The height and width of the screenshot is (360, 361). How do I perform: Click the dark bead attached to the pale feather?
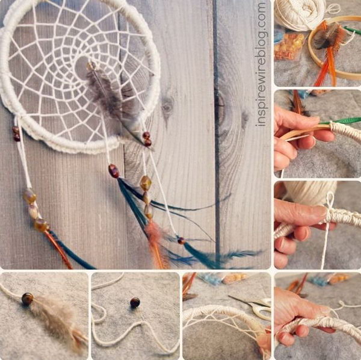[x=27, y=298]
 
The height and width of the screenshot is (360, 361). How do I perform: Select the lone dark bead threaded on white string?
[x=135, y=302]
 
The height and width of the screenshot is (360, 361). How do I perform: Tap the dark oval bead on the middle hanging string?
[x=113, y=171]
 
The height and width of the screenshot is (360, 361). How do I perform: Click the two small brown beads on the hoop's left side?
[x=16, y=134]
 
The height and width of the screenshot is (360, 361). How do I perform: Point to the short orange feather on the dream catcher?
[x=156, y=241]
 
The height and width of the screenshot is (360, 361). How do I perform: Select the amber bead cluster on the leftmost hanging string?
[x=35, y=210]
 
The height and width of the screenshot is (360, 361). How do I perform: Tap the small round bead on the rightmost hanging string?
[x=180, y=240]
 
